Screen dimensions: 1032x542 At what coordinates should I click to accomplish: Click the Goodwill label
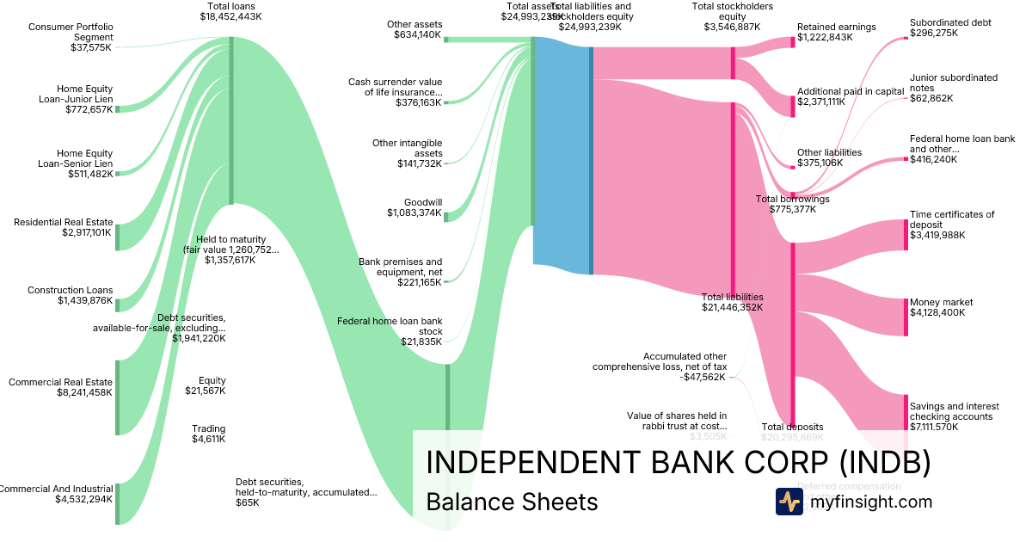tap(424, 202)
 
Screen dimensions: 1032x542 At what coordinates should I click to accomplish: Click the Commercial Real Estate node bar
tap(118, 397)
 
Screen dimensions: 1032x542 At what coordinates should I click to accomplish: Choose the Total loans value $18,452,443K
tap(230, 16)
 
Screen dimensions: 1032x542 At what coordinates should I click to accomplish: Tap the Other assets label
tap(415, 25)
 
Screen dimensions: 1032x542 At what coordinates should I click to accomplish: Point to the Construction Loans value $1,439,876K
tap(85, 301)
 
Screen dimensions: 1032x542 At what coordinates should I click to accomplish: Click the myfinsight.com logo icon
tap(789, 502)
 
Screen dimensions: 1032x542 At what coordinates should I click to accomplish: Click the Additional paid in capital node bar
tap(793, 102)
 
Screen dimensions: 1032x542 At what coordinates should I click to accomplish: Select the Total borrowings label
tap(792, 199)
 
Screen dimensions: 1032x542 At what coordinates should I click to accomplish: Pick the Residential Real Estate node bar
tap(118, 237)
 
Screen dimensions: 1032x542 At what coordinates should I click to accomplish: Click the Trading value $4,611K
tap(208, 440)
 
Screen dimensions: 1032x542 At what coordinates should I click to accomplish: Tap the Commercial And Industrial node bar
tap(118, 503)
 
